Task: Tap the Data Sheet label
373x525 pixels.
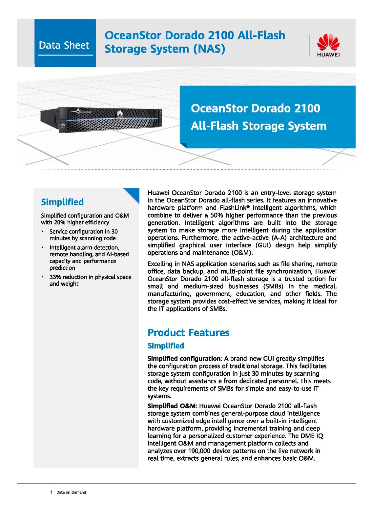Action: tap(64, 45)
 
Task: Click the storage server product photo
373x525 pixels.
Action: tap(101, 120)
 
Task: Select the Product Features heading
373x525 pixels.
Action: tap(188, 332)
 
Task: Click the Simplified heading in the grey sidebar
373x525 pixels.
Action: tap(62, 202)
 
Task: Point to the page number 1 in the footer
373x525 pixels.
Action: tap(51, 492)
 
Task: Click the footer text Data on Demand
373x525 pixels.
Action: tap(71, 492)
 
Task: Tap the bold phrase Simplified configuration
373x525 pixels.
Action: tap(184, 358)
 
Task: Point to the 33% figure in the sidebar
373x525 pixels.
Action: tap(55, 277)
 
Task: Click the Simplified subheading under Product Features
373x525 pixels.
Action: tap(166, 346)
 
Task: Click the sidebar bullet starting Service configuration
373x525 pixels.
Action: tap(83, 235)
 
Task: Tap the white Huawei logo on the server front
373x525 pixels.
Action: tap(120, 114)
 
